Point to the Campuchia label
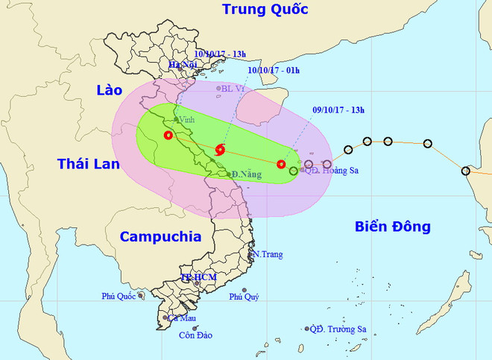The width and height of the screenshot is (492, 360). pos(160,236)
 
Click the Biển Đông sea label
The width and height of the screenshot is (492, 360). pos(392,227)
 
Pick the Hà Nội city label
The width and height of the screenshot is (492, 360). pos(182,66)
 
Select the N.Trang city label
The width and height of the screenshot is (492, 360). pos(268,255)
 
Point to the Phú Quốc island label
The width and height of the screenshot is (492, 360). pos(119,297)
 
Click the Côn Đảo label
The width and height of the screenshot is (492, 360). pos(195,335)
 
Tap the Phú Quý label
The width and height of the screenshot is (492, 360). pos(244,297)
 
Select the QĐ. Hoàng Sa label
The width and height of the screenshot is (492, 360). pos(332,171)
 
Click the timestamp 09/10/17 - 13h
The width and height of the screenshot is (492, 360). pos(338,110)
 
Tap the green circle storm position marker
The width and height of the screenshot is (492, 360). pos(293,171)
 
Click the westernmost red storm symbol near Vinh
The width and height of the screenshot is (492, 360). pos(168,135)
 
